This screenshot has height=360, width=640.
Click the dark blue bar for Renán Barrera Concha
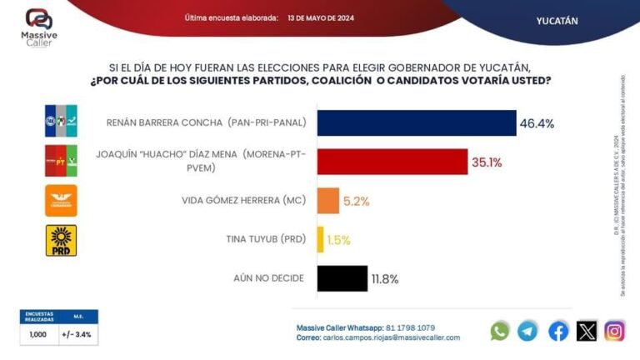point(416,122)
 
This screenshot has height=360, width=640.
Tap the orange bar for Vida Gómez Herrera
point(327,200)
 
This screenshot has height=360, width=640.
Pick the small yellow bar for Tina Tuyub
point(320,239)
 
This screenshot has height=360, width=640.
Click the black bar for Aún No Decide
point(342,277)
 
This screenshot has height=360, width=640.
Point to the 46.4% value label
point(537,123)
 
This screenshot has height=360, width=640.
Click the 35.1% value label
point(487,162)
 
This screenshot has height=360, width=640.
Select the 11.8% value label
point(386,278)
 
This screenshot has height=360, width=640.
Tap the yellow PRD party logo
point(60,240)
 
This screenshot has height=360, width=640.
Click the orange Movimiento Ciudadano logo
point(60,201)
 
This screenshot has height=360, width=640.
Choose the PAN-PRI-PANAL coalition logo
point(60,122)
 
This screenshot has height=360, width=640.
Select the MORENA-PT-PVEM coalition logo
point(60,161)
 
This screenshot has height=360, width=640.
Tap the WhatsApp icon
point(500,331)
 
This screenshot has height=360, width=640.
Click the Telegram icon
point(527,331)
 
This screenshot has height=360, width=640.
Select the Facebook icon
point(558,331)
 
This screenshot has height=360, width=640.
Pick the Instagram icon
point(615,331)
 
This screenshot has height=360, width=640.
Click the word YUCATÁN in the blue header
point(557,20)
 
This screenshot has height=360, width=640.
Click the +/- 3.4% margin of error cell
point(77,334)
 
